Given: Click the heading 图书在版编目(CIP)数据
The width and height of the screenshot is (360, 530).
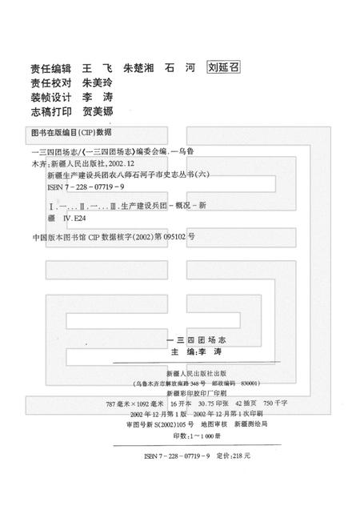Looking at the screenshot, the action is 70,130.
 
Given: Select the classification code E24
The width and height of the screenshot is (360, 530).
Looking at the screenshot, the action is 82,216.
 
